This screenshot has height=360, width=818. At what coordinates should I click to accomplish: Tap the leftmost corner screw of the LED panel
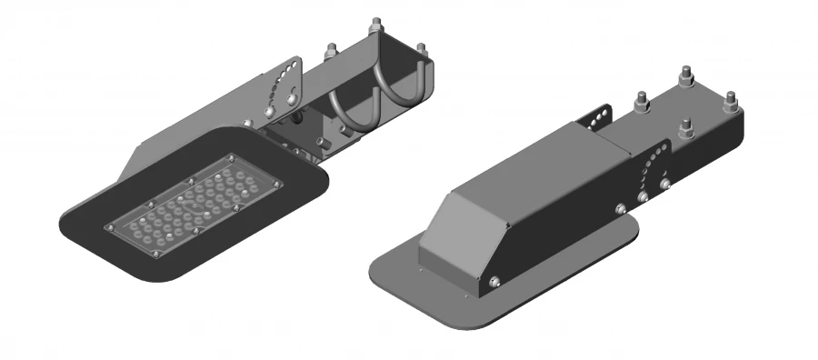(x=109, y=226)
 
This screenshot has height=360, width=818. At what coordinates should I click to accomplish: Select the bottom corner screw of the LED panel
(x=157, y=255)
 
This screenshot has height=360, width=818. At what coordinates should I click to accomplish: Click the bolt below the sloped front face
(x=494, y=283)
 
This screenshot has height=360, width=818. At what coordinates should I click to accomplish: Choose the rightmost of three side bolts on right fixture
(x=665, y=185)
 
